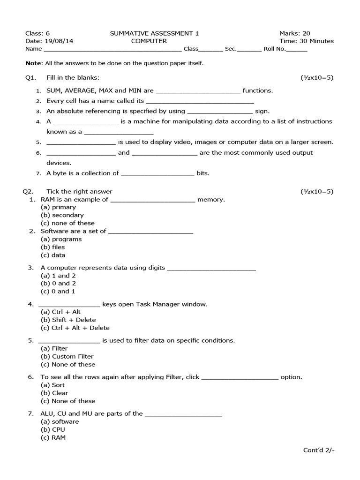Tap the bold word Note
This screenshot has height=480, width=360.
[33, 63]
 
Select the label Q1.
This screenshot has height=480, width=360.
[30, 77]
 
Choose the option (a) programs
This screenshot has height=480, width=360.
[61, 239]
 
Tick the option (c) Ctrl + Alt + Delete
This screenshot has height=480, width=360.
[75, 328]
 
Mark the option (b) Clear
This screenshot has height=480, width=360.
[54, 393]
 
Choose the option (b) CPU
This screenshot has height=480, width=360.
[53, 429]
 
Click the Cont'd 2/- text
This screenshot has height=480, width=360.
[319, 450]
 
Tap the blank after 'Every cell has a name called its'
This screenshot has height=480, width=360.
[200, 101]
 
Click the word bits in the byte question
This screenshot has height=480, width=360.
[202, 173]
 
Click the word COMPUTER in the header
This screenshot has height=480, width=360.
[149, 41]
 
